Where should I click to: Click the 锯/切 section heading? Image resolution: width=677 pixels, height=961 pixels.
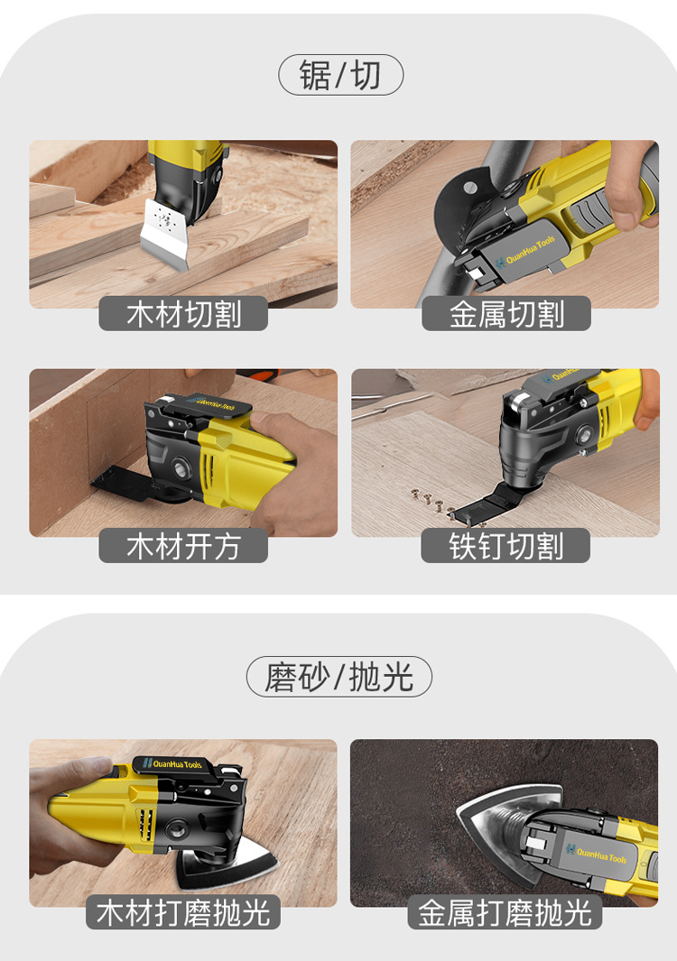[x=340, y=75]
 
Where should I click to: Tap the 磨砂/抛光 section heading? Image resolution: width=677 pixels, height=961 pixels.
[x=339, y=677]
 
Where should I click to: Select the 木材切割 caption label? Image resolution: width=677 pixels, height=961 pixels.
[x=183, y=313]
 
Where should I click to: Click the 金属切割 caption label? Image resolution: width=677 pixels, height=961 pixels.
[x=505, y=313]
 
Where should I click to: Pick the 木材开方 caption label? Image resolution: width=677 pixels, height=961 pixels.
[x=183, y=545]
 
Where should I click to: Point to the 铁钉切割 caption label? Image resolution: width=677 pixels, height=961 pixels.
[x=505, y=545]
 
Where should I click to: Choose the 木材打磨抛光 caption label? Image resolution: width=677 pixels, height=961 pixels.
[x=182, y=912]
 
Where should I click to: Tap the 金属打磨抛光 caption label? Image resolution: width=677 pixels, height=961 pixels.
[x=505, y=912]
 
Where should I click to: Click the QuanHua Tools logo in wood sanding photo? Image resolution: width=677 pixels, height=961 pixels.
[x=172, y=763]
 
